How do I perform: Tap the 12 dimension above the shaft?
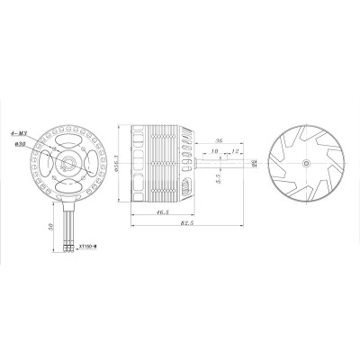click(237, 153)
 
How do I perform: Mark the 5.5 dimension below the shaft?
click(219, 180)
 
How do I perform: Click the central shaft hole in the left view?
click(68, 163)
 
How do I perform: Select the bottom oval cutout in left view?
click(68, 188)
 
